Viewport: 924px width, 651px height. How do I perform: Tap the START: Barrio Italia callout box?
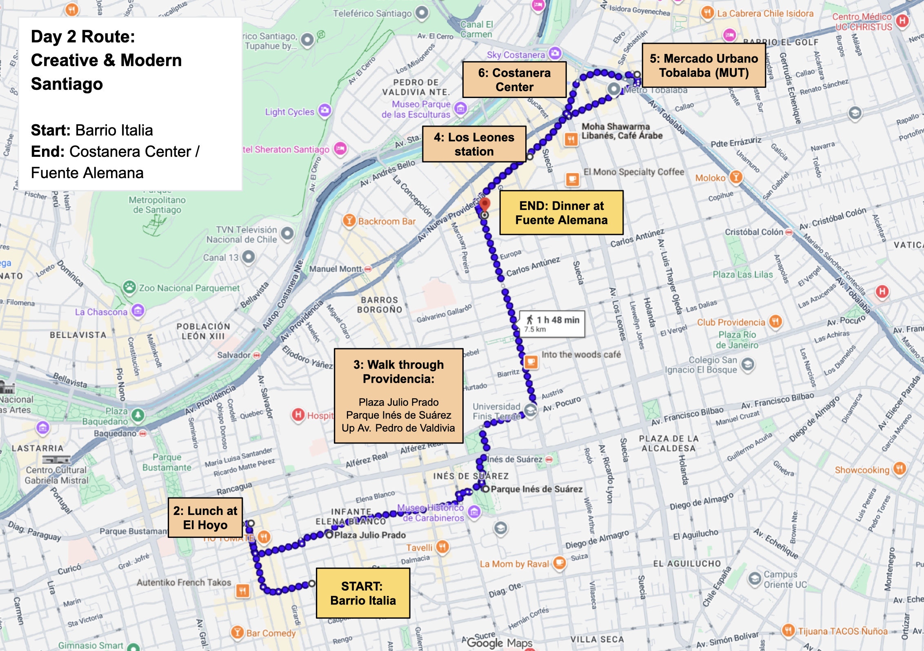point(363,593)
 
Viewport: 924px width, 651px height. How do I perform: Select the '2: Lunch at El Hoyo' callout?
point(205,517)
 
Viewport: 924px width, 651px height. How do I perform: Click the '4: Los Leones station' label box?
point(474,144)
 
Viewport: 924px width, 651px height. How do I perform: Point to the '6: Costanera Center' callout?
point(514,80)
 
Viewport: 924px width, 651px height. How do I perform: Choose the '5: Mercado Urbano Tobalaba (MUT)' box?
point(704,65)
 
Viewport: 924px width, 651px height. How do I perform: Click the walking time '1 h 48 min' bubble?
point(552,324)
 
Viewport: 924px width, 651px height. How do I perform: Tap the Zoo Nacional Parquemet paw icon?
point(129,288)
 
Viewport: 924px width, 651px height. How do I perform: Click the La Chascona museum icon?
point(138,311)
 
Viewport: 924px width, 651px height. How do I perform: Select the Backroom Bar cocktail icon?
point(349,221)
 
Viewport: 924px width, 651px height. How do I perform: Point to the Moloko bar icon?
point(735,177)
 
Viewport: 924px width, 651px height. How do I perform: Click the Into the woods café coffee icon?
point(531,362)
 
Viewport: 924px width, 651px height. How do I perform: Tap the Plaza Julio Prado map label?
point(370,535)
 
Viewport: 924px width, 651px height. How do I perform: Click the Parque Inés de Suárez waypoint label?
point(536,489)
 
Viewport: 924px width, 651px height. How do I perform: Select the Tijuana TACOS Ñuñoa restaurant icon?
point(789,630)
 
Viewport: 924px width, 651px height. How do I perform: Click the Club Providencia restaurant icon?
point(775,321)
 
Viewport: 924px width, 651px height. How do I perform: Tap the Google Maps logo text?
point(499,643)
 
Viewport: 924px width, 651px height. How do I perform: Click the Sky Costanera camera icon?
point(555,53)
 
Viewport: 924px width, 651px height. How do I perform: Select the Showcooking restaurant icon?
point(900,469)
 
